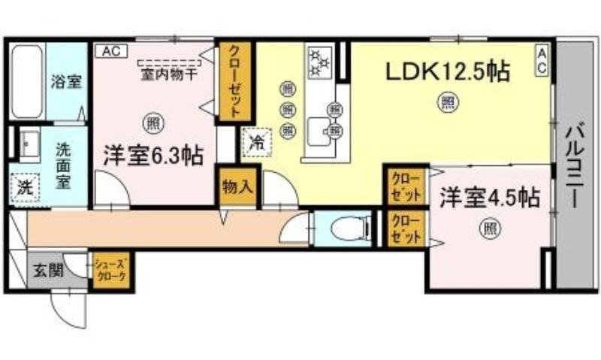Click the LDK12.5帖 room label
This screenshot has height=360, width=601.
448,72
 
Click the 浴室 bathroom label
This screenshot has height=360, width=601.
66,82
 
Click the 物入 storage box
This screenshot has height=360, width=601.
237,186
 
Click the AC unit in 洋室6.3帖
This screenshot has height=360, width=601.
110,51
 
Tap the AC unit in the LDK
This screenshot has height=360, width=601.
541,59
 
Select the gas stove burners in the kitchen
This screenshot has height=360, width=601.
320,63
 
